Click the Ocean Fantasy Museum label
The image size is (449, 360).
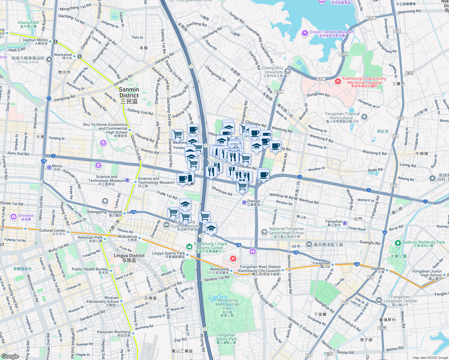pos(332,32)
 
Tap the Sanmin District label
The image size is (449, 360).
pos(129,92)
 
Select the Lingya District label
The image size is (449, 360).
pos(129,256)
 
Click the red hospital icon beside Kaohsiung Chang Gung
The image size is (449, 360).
pos(338,81)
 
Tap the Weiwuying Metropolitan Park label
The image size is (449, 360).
pos(227,304)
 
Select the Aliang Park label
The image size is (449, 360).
pos(28,23)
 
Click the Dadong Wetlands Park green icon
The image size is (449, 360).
pos(398,242)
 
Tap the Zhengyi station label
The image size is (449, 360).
pos(254,201)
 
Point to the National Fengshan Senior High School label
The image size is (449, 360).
pos(287,231)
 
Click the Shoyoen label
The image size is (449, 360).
pos(26,215)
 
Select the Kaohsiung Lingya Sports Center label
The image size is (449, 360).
pos(210,246)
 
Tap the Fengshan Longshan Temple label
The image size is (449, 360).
pos(400,299)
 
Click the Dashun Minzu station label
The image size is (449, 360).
pos(35,40)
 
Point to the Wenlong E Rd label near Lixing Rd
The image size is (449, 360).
pos(374,152)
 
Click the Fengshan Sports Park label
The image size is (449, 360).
pos(226,337)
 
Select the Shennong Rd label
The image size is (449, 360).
pos(409,12)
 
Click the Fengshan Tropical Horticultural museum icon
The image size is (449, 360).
pos(364,117)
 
